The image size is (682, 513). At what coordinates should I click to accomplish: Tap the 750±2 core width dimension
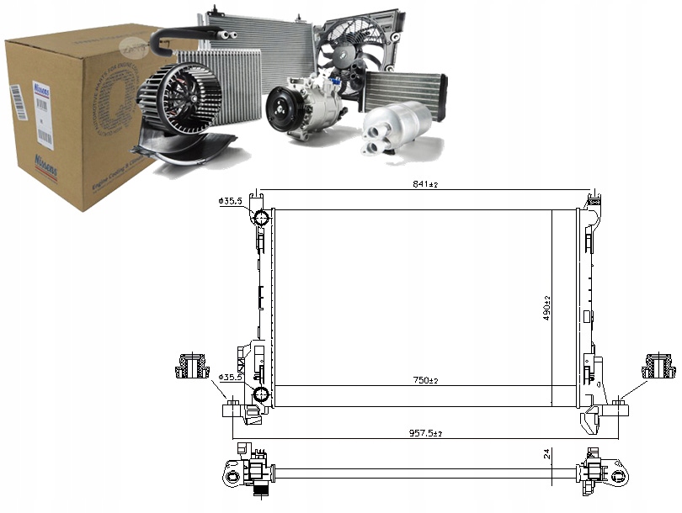(427, 381)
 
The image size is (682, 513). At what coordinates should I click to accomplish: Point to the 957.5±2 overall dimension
(427, 433)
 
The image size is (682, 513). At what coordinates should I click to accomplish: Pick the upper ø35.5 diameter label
(231, 201)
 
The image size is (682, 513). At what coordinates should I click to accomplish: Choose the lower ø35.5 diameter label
(231, 378)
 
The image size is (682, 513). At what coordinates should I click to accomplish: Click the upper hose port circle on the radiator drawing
(261, 219)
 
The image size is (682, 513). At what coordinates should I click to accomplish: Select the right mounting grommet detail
(658, 367)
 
